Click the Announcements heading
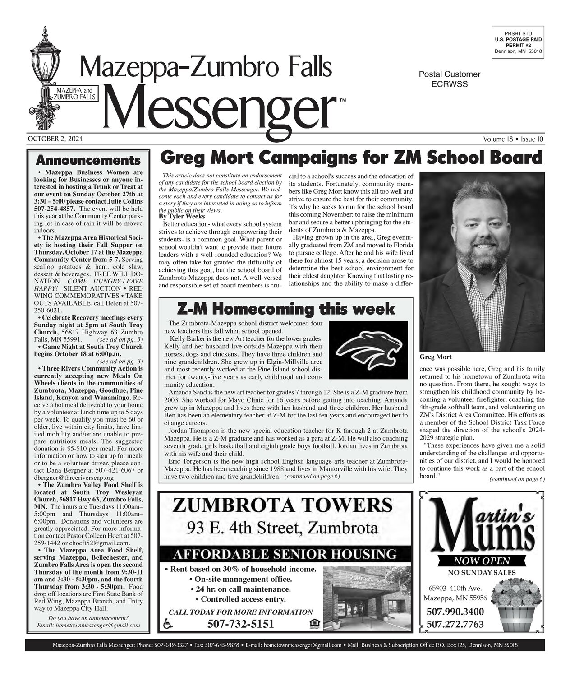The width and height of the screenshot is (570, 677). tap(88, 161)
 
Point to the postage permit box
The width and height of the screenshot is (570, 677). tap(518, 42)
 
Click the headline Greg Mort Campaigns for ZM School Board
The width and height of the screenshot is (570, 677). tap(352, 159)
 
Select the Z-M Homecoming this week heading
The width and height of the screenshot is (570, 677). tap(286, 309)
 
